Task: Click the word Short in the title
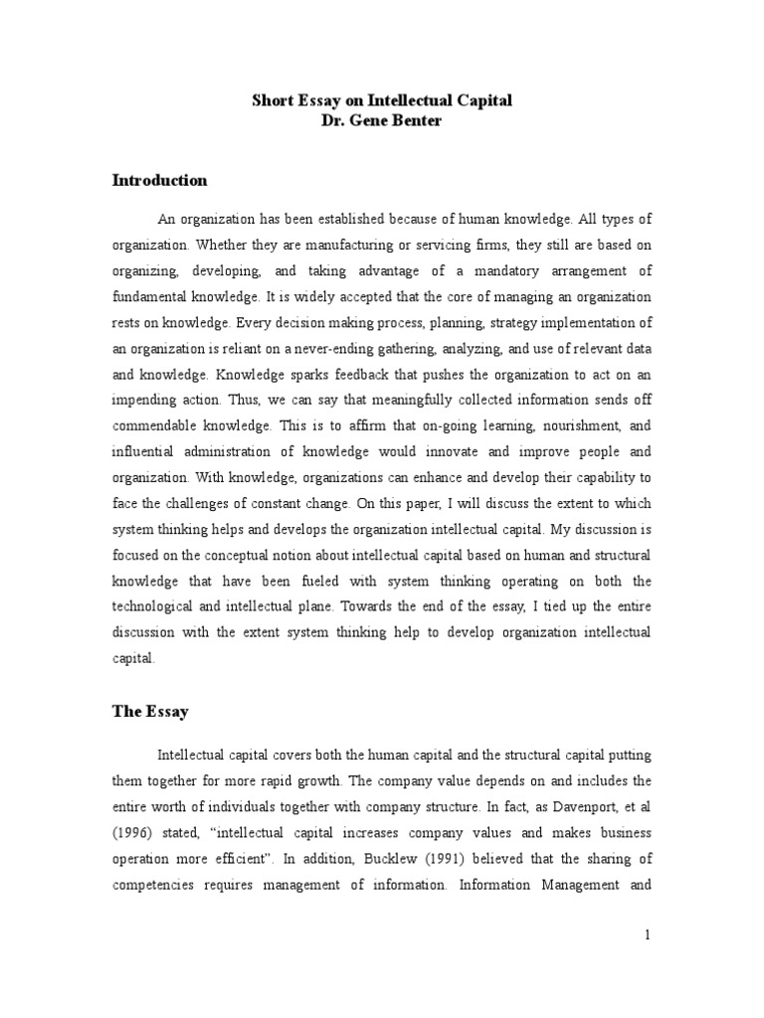(270, 101)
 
